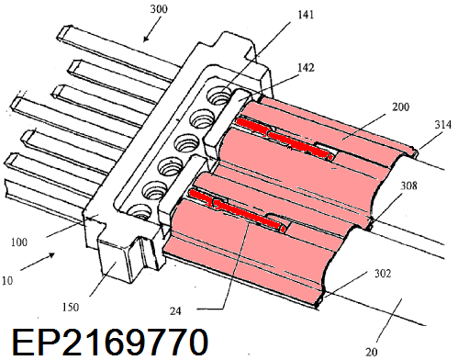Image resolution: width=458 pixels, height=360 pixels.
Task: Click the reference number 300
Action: click(159, 9)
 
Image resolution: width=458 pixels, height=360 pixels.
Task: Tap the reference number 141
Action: click(306, 15)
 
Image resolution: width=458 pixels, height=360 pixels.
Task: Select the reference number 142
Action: click(306, 67)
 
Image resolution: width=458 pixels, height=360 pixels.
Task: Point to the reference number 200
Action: click(400, 107)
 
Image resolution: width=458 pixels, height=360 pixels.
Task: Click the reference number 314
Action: click(442, 125)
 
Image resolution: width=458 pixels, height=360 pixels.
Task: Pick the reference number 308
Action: click(408, 186)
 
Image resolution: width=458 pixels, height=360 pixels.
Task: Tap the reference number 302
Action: click(383, 273)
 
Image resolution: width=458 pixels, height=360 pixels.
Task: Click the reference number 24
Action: click(175, 311)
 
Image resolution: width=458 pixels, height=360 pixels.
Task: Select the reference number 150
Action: click(71, 307)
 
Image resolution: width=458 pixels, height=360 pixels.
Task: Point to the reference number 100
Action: click(19, 242)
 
